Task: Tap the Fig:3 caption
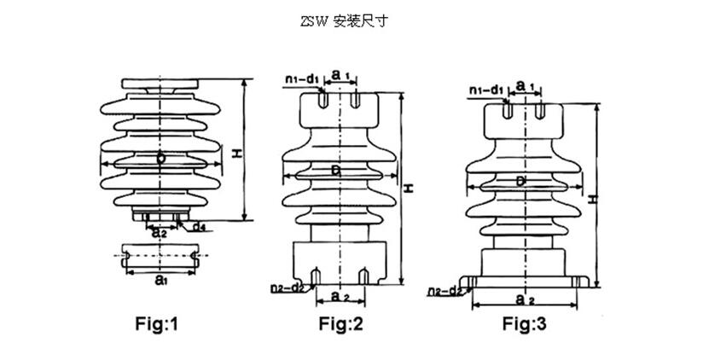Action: pos(529,324)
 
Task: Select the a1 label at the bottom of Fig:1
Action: pos(160,279)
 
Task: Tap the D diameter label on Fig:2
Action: pos(336,172)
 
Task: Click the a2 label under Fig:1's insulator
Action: pos(158,234)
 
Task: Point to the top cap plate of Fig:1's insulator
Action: pos(161,84)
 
